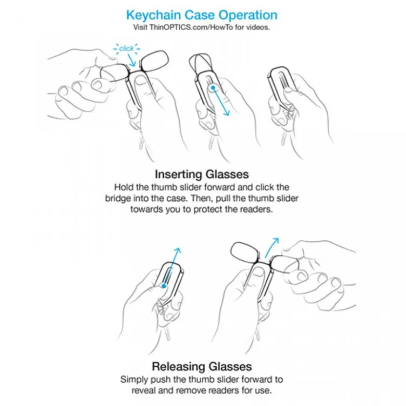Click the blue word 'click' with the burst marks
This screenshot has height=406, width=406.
click(126, 49)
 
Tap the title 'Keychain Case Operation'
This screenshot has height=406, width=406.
click(202, 15)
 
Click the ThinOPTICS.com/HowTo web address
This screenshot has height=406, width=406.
click(191, 27)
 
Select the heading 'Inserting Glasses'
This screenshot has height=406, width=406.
click(202, 174)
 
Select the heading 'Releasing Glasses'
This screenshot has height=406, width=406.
click(202, 367)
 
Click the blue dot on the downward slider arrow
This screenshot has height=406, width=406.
click(213, 88)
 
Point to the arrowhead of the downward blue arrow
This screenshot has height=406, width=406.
click(227, 113)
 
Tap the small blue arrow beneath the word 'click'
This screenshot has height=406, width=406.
click(132, 61)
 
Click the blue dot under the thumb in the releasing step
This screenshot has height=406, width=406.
click(164, 286)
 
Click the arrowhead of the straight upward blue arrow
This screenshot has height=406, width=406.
click(178, 251)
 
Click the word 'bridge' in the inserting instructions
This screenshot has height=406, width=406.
click(118, 199)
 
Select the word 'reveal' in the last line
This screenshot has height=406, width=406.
click(144, 390)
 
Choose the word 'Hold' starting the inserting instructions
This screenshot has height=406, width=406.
click(123, 187)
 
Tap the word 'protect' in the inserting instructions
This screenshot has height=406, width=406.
click(208, 209)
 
